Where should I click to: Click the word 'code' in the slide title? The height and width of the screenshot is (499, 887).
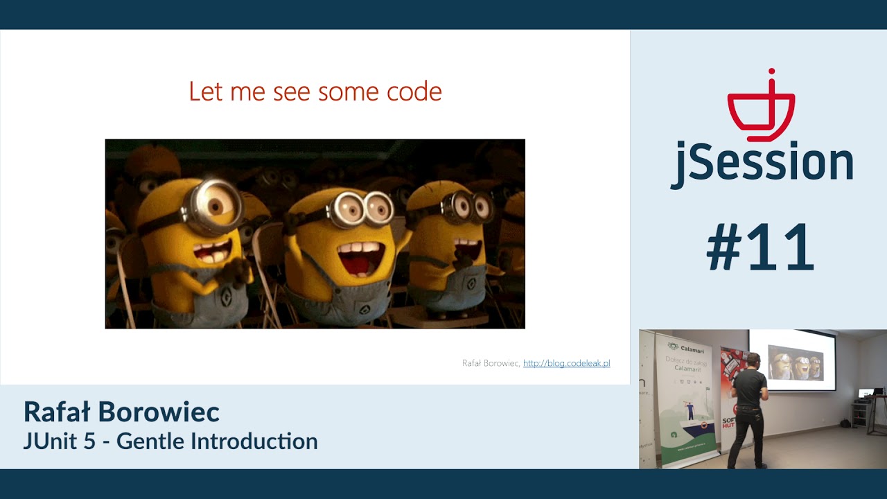415,91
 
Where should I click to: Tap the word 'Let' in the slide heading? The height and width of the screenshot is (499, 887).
205,91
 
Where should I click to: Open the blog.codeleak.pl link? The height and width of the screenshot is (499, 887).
566,363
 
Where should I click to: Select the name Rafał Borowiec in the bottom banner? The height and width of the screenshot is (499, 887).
121,412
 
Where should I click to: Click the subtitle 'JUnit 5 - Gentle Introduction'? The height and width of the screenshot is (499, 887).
170,441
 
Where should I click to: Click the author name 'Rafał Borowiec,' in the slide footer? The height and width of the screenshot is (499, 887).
491,363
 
